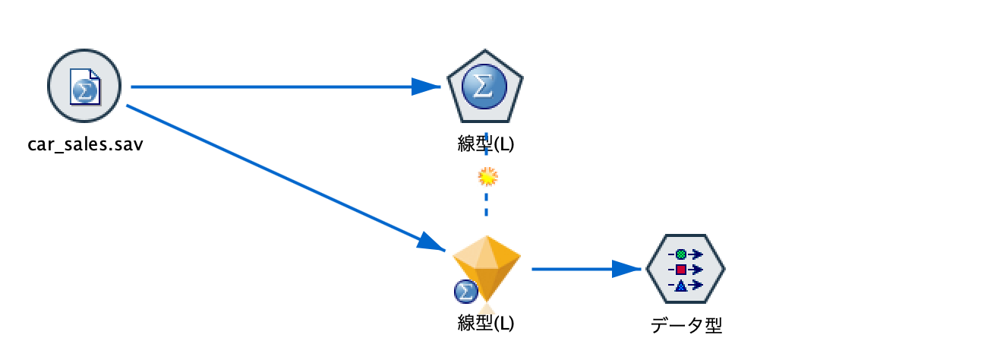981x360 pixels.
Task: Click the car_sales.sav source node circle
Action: (84, 87)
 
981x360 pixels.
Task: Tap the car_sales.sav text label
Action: (85, 144)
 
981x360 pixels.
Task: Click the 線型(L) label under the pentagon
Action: (485, 144)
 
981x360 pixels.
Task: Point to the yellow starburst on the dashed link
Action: (486, 177)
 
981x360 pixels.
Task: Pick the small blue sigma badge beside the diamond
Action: (464, 290)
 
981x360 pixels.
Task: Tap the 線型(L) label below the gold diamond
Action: (485, 323)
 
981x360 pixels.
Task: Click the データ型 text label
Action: (686, 326)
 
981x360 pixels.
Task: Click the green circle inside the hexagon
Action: (681, 254)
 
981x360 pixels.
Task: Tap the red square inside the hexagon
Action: (681, 270)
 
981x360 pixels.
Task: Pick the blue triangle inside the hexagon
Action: (681, 286)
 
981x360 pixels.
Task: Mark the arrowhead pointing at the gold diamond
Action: (433, 242)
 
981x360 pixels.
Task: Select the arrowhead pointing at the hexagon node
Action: (627, 269)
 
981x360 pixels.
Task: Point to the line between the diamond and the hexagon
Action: (569, 269)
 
